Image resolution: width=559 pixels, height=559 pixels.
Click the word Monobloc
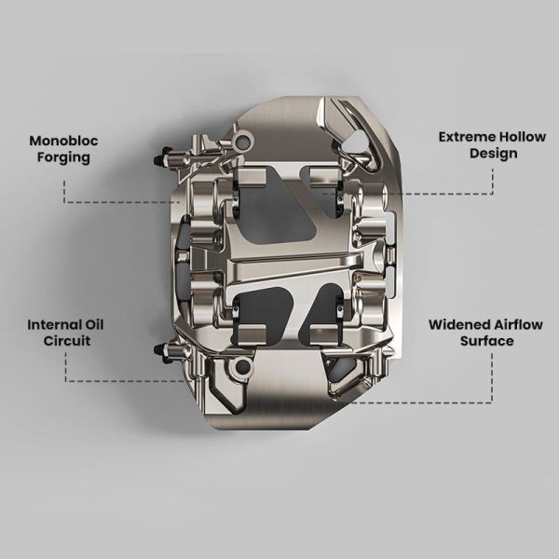coord(63,141)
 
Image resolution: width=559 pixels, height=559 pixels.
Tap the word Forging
coord(63,157)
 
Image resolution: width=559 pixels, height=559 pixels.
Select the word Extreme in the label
coord(468,137)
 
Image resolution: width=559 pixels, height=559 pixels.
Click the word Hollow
coord(523,137)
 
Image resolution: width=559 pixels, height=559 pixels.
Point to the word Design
coord(494,154)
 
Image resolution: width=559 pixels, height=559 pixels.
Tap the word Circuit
coord(67,341)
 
